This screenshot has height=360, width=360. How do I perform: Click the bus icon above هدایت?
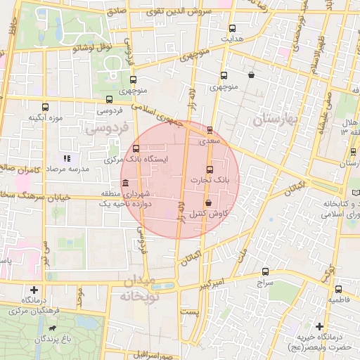click(x=233, y=28)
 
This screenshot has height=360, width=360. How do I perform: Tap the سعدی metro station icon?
click(x=210, y=129)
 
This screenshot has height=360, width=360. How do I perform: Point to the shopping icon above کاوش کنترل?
click(x=209, y=202)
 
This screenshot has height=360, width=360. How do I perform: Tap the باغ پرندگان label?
click(x=56, y=340)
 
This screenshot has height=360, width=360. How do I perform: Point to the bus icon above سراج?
click(x=265, y=271)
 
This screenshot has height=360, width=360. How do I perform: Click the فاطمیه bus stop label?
click(x=337, y=300)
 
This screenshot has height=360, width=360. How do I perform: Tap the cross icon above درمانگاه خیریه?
click(x=320, y=327)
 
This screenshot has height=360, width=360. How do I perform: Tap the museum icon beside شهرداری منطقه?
click(x=125, y=184)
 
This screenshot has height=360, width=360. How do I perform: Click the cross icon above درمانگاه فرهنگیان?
click(x=34, y=289)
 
